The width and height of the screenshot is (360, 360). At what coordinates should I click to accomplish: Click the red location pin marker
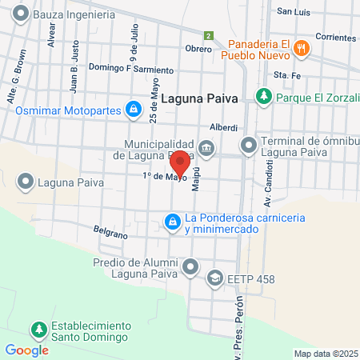(x=180, y=162)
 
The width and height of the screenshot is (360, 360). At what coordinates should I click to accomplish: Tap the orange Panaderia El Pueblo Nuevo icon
(x=301, y=47)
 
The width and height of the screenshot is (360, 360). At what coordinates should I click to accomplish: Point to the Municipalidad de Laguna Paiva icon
(x=207, y=147)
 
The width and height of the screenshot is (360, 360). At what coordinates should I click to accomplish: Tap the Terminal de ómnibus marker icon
(x=249, y=146)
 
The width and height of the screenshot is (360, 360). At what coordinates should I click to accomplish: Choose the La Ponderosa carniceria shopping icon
(x=171, y=219)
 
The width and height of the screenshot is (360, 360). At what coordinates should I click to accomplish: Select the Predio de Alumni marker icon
(x=190, y=265)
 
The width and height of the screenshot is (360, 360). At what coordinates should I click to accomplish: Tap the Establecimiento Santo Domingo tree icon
(x=38, y=330)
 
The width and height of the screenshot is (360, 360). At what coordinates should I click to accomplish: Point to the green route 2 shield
(x=208, y=36)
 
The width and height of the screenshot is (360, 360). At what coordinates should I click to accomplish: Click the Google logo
(x=26, y=350)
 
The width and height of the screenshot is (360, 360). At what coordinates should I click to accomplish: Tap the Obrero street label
(x=198, y=49)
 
